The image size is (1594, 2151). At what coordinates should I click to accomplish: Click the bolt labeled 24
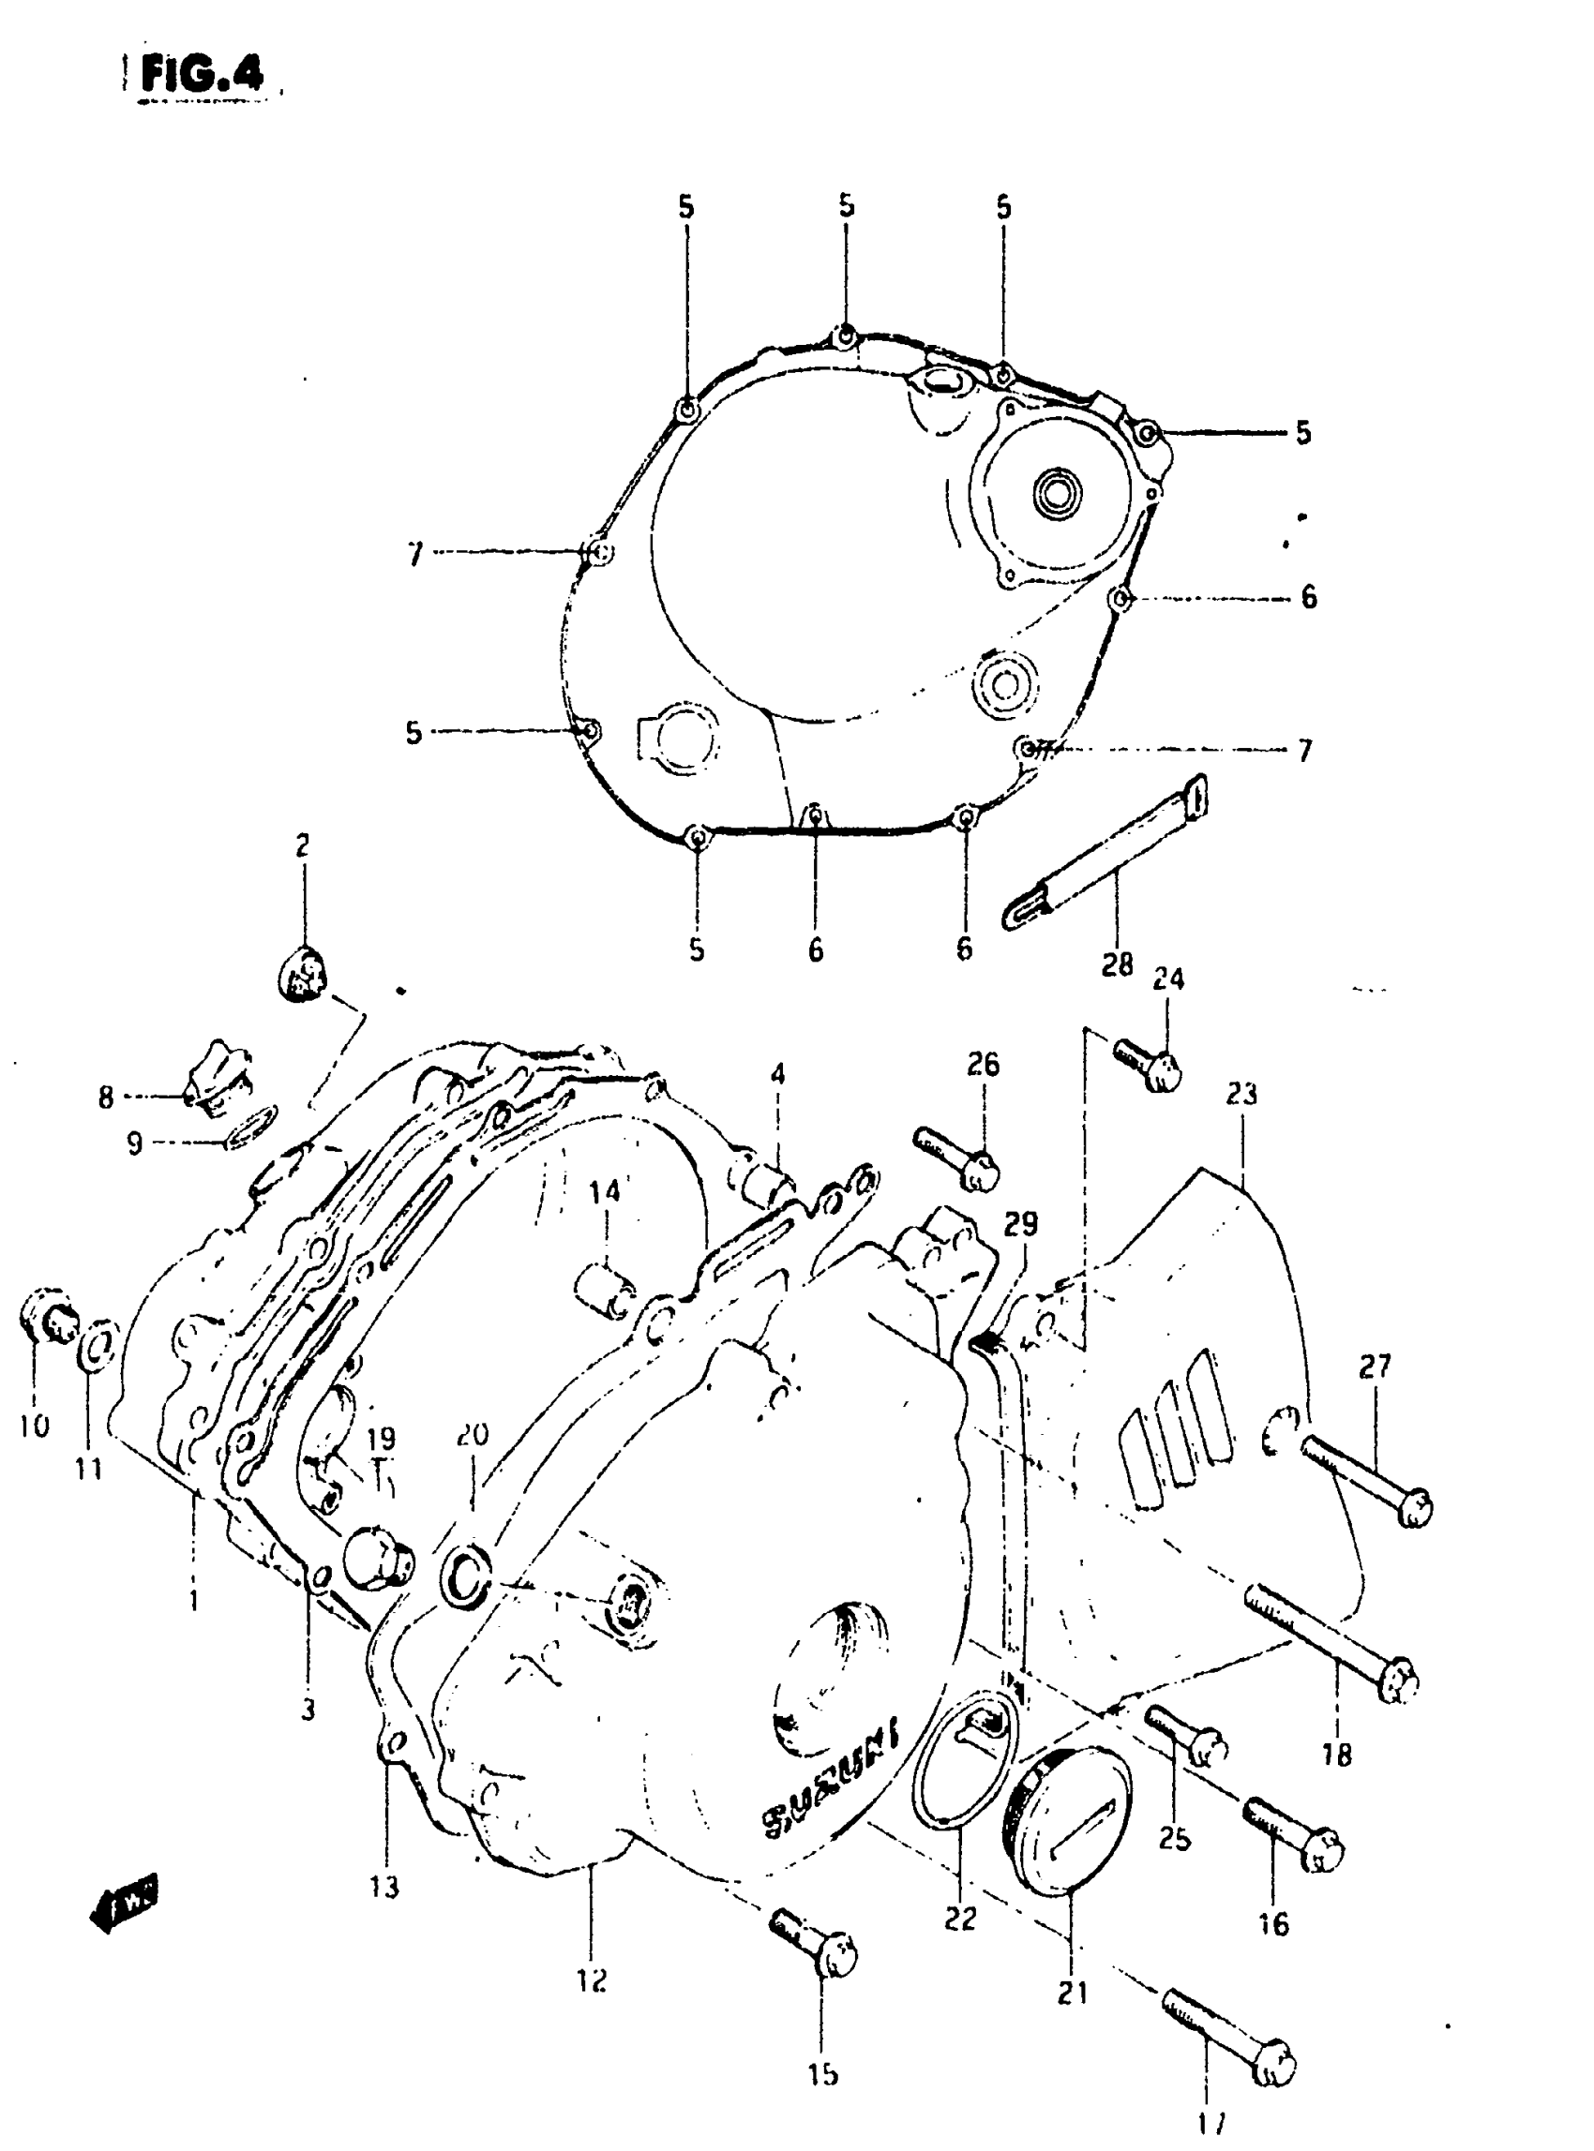pyautogui.click(x=1149, y=1062)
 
